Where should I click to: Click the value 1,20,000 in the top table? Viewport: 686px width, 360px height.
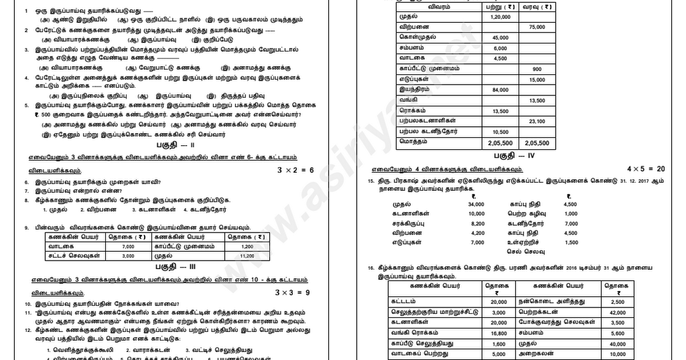pyautogui.click(x=500, y=17)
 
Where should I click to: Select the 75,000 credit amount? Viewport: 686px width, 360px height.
pyautogui.click(x=537, y=27)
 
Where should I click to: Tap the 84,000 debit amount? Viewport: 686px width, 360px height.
pyautogui.click(x=500, y=90)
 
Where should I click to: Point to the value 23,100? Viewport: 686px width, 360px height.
pyautogui.click(x=537, y=121)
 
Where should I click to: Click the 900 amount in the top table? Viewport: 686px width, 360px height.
pyautogui.click(x=537, y=69)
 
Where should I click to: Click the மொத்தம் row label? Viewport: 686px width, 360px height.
pyautogui.click(x=411, y=142)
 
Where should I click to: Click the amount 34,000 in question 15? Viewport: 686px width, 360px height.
pyautogui.click(x=476, y=204)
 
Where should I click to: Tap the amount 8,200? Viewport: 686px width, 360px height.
pyautogui.click(x=477, y=223)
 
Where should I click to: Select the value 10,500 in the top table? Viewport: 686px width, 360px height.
pyautogui.click(x=500, y=131)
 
